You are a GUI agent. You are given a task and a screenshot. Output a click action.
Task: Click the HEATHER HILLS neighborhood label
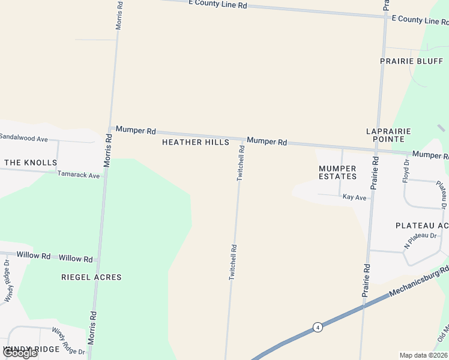[196, 142]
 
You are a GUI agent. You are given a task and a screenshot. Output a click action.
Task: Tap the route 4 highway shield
[318, 327]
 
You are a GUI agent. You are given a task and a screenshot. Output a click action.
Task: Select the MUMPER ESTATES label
[337, 172]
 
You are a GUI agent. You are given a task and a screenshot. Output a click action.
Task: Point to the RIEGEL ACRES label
[91, 277]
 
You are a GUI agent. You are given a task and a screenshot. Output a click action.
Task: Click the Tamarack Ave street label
[79, 175]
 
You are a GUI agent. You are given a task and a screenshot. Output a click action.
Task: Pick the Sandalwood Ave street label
[24, 139]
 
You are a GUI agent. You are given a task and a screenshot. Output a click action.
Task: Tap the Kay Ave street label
[354, 197]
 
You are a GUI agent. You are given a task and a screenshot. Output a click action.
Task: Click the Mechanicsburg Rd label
[419, 281]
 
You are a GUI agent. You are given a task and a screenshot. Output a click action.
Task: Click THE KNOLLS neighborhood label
[31, 163]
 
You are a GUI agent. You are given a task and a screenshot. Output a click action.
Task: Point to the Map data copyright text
[424, 355]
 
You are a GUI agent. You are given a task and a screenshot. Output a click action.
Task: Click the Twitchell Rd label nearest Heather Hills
[241, 163]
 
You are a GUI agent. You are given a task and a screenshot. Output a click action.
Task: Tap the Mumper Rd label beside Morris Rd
[136, 130]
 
